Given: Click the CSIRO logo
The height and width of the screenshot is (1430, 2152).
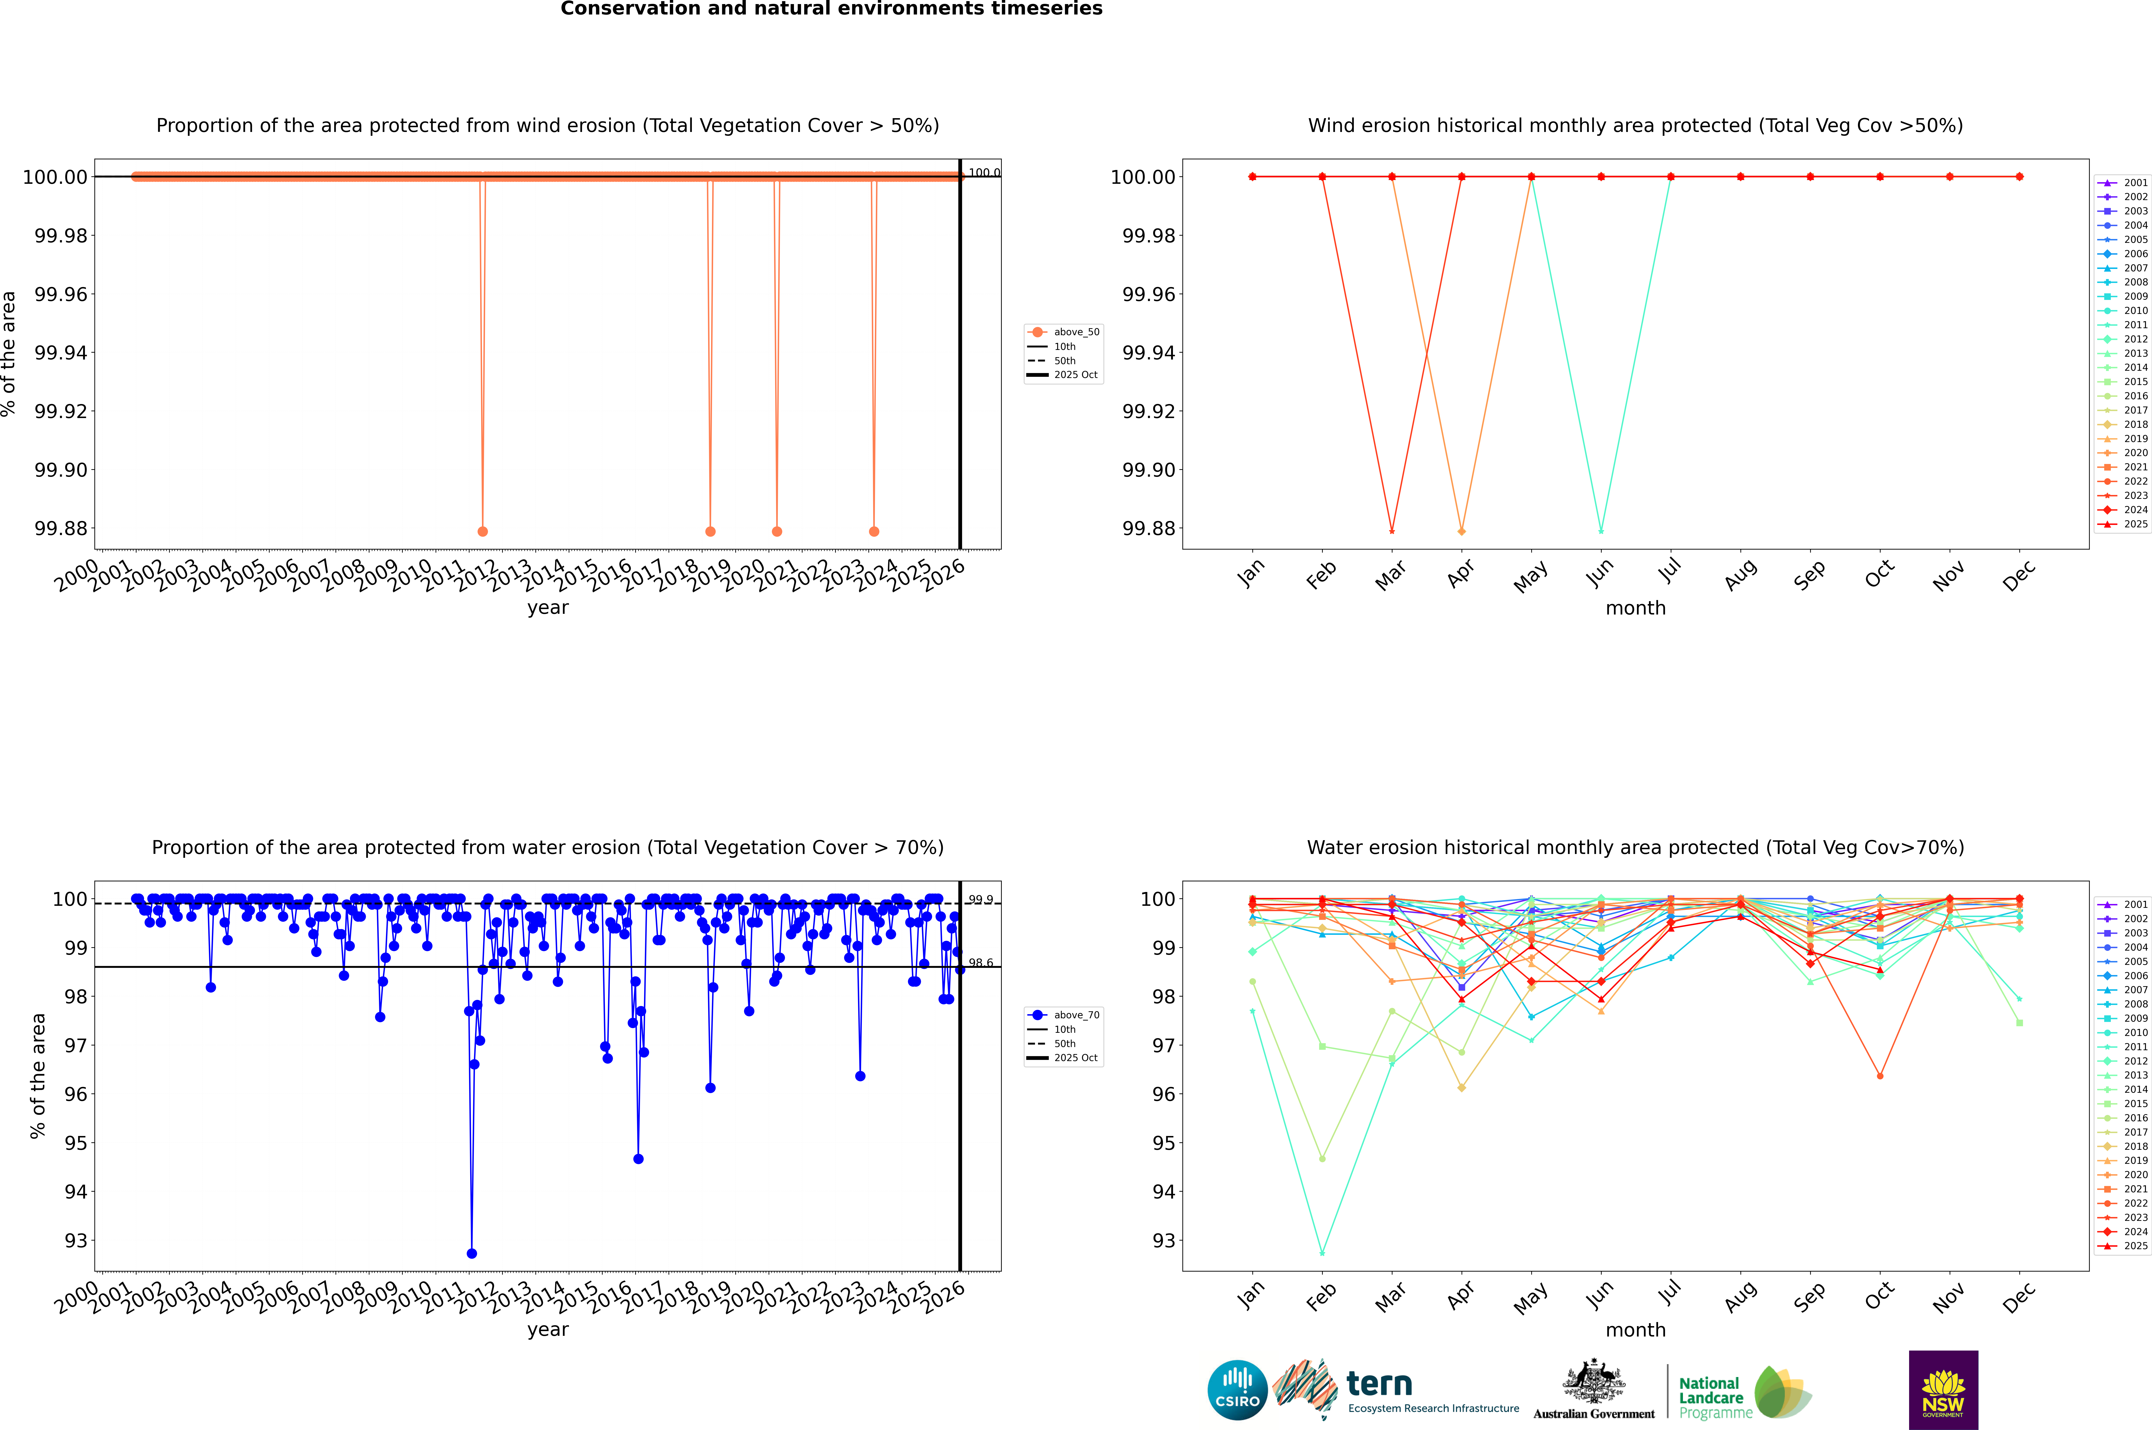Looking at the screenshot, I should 1237,1390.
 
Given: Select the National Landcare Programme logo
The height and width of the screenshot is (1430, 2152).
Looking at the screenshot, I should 1744,1393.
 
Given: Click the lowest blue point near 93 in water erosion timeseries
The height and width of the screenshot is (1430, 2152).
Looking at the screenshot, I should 472,1253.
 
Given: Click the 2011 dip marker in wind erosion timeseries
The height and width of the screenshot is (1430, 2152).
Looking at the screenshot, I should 483,531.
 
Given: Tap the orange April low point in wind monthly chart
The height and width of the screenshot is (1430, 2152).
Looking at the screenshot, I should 1462,531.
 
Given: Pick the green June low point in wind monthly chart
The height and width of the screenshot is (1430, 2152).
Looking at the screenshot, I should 1601,531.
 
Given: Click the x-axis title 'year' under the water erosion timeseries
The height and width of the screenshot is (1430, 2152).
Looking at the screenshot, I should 547,1330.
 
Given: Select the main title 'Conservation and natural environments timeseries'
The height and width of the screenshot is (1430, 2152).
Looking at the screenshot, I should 831,9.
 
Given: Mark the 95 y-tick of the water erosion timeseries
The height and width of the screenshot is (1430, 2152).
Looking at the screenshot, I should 75,1143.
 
